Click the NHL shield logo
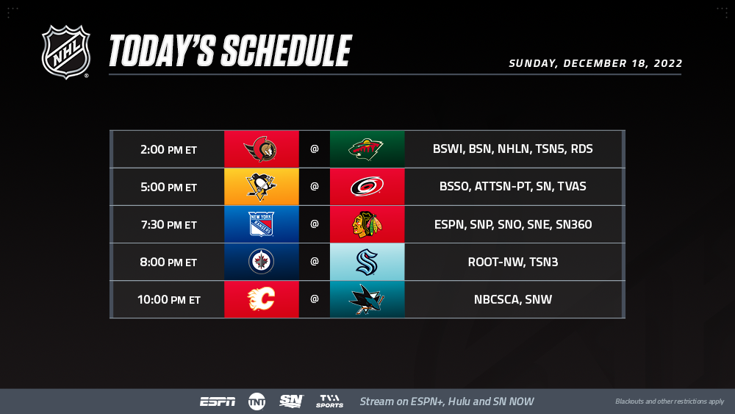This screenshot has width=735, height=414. pyautogui.click(x=65, y=51)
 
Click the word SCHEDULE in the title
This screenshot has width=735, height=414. pyautogui.click(x=286, y=51)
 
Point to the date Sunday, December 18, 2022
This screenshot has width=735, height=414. pyautogui.click(x=595, y=63)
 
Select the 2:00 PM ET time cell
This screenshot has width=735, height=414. pyautogui.click(x=168, y=149)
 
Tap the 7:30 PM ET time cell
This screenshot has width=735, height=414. pyautogui.click(x=168, y=224)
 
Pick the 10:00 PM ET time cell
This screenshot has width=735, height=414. pyautogui.click(x=168, y=299)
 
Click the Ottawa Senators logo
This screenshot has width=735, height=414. pyautogui.click(x=261, y=149)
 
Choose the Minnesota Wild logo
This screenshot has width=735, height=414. pyautogui.click(x=366, y=149)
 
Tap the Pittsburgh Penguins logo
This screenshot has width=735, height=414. pyautogui.click(x=261, y=187)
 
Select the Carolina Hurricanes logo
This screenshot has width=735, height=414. pyautogui.click(x=367, y=187)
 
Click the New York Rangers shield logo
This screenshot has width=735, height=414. pyautogui.click(x=261, y=224)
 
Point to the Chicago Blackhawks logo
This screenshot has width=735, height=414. pyautogui.click(x=367, y=224)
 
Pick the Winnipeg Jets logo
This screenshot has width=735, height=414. pyautogui.click(x=261, y=262)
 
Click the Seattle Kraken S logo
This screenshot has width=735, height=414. pyautogui.click(x=367, y=262)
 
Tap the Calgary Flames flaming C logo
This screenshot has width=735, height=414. pyautogui.click(x=261, y=299)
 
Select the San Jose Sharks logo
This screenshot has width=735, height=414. pyautogui.click(x=367, y=299)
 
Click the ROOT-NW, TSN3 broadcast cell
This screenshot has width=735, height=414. pyautogui.click(x=513, y=262)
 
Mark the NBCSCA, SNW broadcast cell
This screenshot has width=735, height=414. pyautogui.click(x=513, y=299)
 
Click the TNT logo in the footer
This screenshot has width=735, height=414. pyautogui.click(x=257, y=401)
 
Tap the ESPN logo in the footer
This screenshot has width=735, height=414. pyautogui.click(x=218, y=401)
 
